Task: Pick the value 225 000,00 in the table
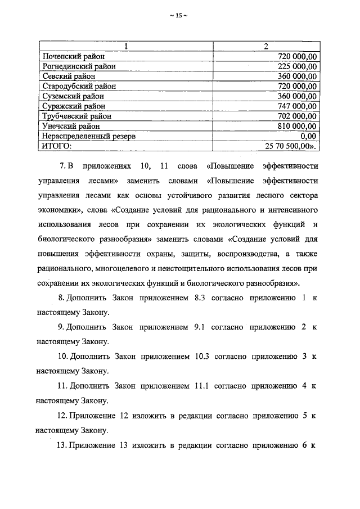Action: coord(297,66)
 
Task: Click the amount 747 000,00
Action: coord(297,106)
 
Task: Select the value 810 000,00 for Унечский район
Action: coord(297,126)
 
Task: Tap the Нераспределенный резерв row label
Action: coord(89,136)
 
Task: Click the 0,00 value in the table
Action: coord(308,136)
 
